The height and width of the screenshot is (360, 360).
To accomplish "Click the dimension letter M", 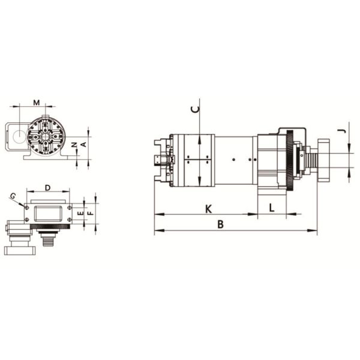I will (37, 102).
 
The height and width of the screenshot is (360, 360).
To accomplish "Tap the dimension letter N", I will (74, 145).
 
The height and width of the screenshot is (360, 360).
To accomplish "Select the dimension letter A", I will (83, 144).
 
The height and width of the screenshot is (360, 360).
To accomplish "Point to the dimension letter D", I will (48, 189).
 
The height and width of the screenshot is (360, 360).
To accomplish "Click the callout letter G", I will (13, 196).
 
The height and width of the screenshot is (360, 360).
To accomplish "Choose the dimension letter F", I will (90, 212).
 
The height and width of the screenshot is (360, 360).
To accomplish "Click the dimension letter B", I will (221, 224).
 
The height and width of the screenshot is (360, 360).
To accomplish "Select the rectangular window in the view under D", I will (47, 213).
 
